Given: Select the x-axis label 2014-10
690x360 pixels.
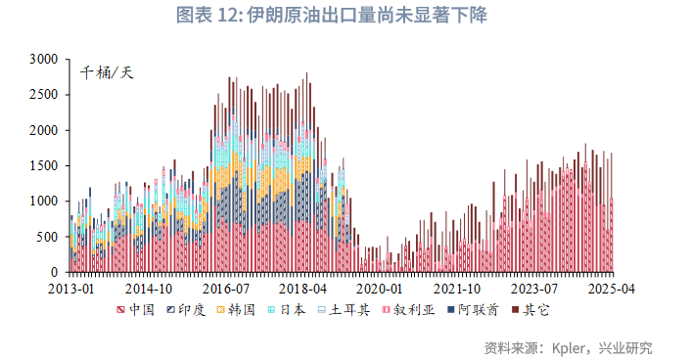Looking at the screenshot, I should click(149, 290).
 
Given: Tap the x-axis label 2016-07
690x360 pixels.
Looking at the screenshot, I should click(226, 290).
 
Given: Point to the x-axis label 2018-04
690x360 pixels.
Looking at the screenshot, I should click(302, 290).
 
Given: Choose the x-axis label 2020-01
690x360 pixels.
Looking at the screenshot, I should click(380, 290).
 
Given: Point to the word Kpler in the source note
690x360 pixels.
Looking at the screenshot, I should click(570, 347).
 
